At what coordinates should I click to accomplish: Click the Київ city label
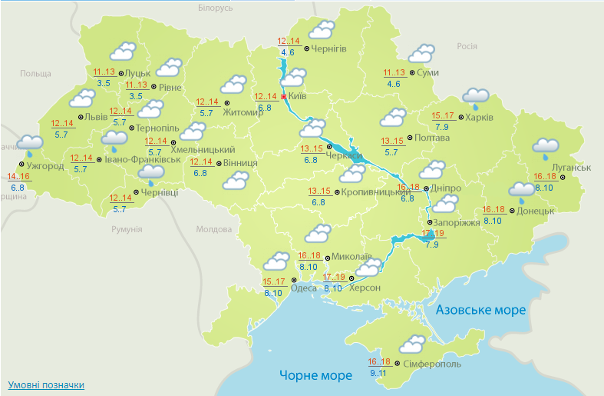click(298, 98)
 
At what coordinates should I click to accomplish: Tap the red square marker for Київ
click(283, 98)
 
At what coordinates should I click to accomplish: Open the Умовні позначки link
click(46, 384)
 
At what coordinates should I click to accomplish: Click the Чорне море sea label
click(315, 376)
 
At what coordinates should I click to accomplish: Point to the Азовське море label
click(480, 310)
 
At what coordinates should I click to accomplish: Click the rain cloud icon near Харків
click(476, 97)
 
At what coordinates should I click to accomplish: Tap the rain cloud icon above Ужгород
click(30, 143)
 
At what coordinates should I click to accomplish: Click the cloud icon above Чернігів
click(322, 31)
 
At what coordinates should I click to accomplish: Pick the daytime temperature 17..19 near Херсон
click(334, 277)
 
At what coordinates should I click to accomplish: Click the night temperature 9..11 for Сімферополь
click(378, 373)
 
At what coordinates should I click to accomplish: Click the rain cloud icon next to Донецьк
click(522, 190)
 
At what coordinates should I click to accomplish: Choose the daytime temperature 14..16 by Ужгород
click(19, 176)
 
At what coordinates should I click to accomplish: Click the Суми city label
click(427, 72)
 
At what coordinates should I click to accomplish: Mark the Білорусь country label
click(214, 8)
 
